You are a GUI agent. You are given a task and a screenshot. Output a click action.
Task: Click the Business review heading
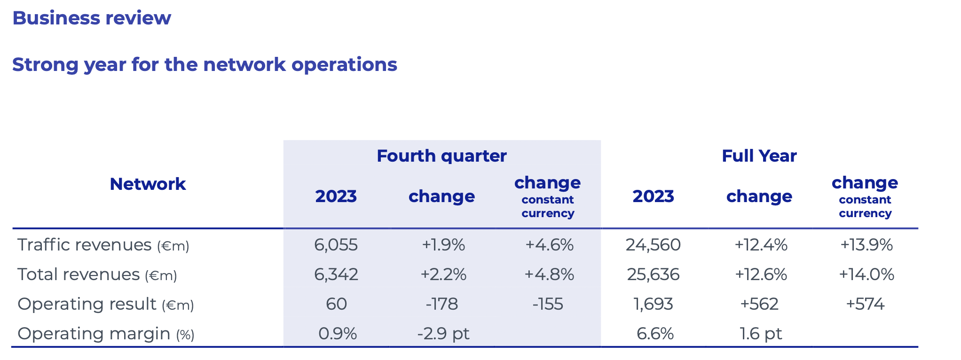pyautogui.click(x=92, y=18)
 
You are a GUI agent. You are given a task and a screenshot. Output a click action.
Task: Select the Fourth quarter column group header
pyautogui.click(x=441, y=156)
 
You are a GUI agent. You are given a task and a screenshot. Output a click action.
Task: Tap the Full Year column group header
pyautogui.click(x=759, y=156)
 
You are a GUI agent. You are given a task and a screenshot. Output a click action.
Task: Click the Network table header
pyautogui.click(x=148, y=184)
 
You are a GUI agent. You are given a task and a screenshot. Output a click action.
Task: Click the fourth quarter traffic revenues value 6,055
pyautogui.click(x=336, y=245)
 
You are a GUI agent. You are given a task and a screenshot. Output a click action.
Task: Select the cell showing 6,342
pyautogui.click(x=336, y=274)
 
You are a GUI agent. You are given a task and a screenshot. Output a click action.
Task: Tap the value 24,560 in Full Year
pyautogui.click(x=653, y=245)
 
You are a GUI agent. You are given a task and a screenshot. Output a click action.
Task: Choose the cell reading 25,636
pyautogui.click(x=653, y=274)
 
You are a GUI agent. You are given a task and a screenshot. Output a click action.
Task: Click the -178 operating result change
pyautogui.click(x=441, y=304)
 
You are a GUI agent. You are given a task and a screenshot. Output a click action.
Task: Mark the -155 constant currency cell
pyautogui.click(x=548, y=304)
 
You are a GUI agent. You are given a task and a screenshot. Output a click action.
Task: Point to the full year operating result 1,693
pyautogui.click(x=653, y=304)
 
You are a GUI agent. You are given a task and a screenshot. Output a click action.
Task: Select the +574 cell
pyautogui.click(x=865, y=304)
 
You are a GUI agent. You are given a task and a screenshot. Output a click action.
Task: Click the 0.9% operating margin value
pyautogui.click(x=338, y=334)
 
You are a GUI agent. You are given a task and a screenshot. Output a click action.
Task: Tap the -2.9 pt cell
pyautogui.click(x=443, y=334)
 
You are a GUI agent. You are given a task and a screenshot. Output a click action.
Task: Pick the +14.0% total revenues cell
pyautogui.click(x=866, y=274)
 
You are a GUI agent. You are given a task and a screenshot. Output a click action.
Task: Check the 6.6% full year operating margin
pyautogui.click(x=655, y=334)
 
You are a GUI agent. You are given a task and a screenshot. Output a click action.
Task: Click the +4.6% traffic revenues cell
pyautogui.click(x=549, y=245)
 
